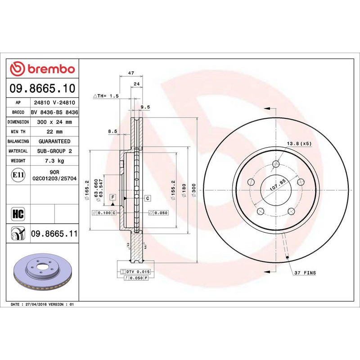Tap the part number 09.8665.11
click(x=54, y=234)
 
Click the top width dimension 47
click(x=130, y=72)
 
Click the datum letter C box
click(x=147, y=198)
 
